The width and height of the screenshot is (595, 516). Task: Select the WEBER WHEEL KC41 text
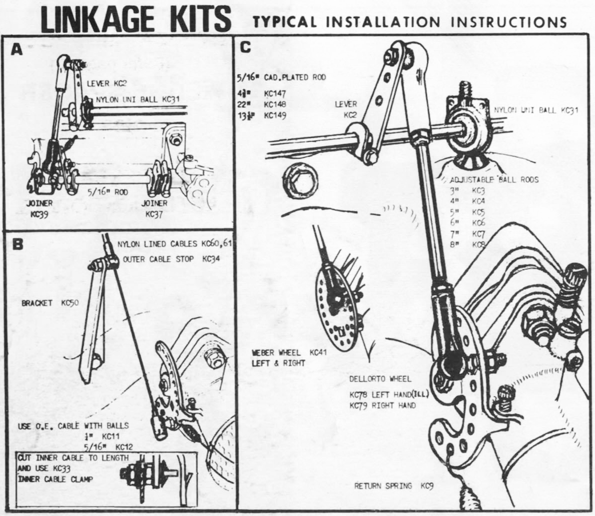click(289, 353)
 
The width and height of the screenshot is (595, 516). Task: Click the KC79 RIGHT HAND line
click(382, 406)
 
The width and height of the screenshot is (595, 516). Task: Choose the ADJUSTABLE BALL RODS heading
click(494, 179)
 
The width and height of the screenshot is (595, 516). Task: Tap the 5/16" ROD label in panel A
click(101, 190)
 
